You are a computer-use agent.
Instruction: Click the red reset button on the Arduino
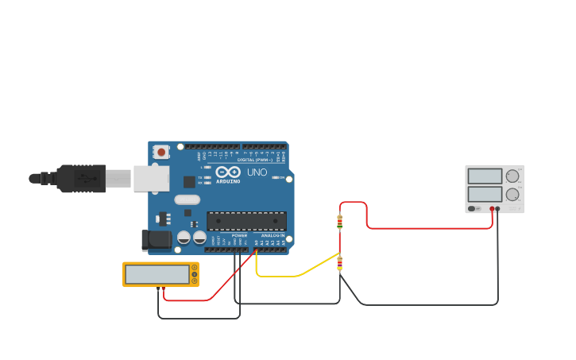162,151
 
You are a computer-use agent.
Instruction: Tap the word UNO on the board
257,172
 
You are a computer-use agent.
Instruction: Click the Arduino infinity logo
228,172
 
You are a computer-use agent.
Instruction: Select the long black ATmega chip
246,221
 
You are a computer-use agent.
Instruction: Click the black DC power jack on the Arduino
157,239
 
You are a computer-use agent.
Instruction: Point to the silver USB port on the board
151,179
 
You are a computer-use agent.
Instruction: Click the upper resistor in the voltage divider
340,222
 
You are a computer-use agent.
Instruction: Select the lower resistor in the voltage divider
340,263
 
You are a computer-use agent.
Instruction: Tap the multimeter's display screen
157,274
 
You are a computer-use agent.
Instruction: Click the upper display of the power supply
485,176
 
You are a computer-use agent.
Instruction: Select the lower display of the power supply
485,194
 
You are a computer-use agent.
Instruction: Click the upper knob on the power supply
512,176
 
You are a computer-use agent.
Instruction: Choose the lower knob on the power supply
512,194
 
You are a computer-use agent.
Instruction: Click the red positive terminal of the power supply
492,209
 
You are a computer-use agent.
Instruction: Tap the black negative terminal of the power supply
498,209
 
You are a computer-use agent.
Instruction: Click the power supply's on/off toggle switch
472,209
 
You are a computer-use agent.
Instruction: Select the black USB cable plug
80,179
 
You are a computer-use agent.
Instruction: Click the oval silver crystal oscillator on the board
187,200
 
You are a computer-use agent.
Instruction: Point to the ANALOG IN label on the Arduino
273,235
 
